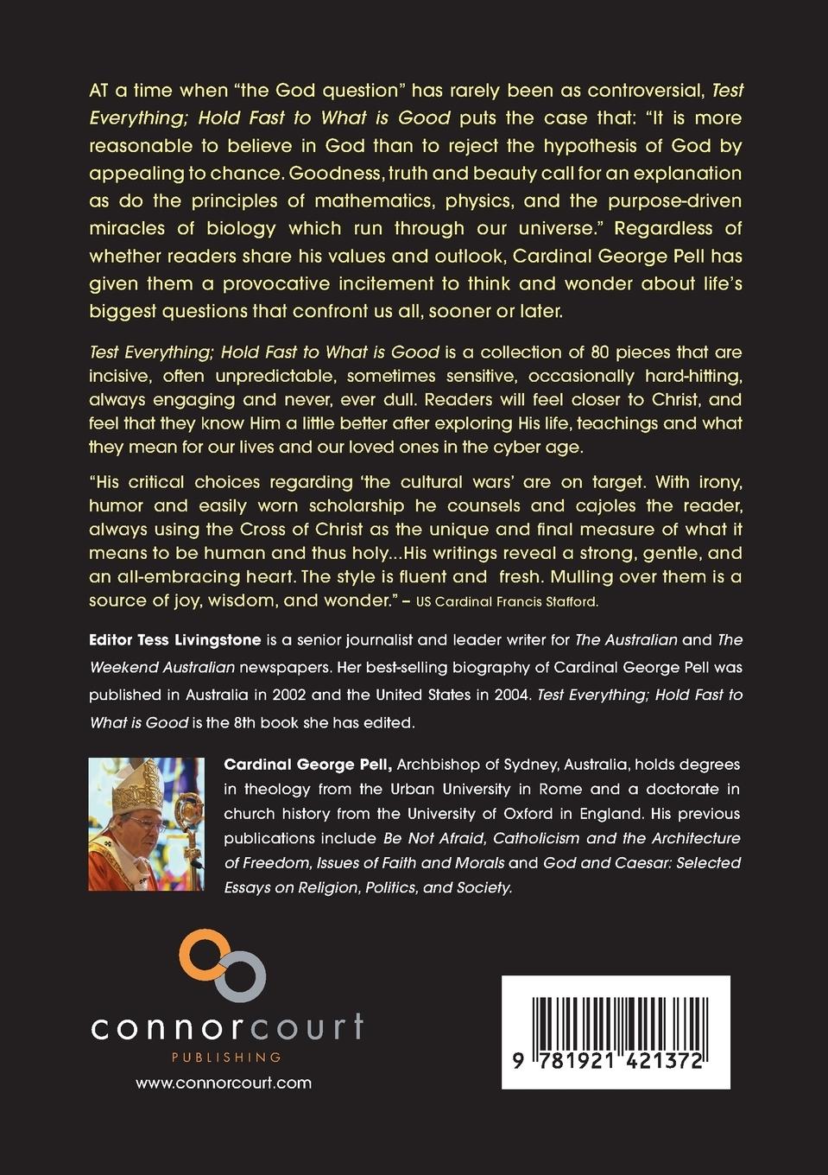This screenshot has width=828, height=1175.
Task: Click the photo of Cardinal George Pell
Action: (146, 823)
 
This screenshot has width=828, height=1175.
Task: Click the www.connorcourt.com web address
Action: (224, 1083)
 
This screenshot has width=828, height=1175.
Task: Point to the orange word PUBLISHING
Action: (227, 1057)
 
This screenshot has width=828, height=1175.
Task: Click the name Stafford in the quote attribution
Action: (569, 601)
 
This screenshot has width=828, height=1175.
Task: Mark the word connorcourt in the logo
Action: (227, 1026)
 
